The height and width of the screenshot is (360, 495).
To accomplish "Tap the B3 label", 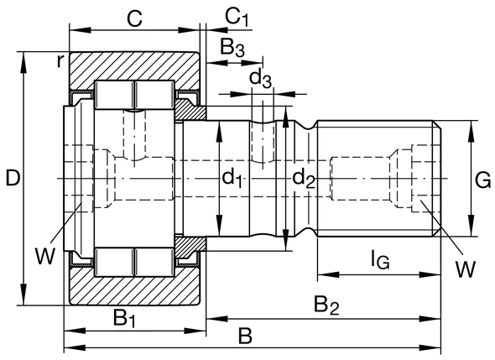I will click(232, 48).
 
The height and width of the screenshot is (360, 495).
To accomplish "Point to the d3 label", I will click(261, 79).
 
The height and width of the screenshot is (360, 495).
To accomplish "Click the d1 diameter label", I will click(232, 178).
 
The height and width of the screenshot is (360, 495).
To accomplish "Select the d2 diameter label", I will click(303, 178).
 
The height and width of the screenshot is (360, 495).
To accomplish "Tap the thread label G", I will click(482, 178).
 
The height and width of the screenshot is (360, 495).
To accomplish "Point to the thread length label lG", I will click(378, 261).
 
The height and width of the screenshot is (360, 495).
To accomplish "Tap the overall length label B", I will click(245, 337).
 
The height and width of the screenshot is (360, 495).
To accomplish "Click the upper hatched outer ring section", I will click(134, 67).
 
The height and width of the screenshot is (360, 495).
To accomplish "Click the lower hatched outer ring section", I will click(134, 290).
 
